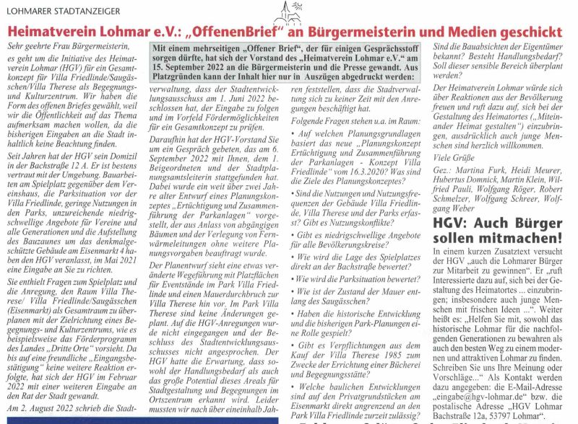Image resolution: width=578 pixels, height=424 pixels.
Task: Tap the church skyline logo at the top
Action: (x=288, y=12)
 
